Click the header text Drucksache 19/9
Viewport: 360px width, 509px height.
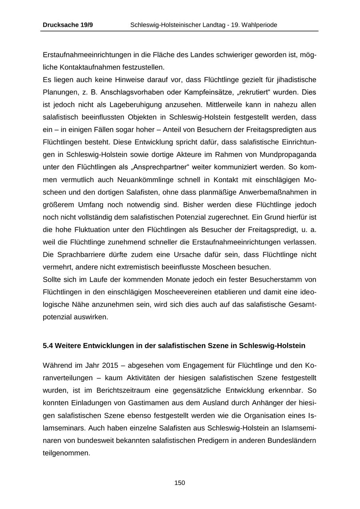(68, 25)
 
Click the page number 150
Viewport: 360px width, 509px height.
(180, 483)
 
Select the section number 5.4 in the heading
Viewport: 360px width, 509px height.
(48, 345)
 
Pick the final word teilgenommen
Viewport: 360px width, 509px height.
(66, 453)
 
